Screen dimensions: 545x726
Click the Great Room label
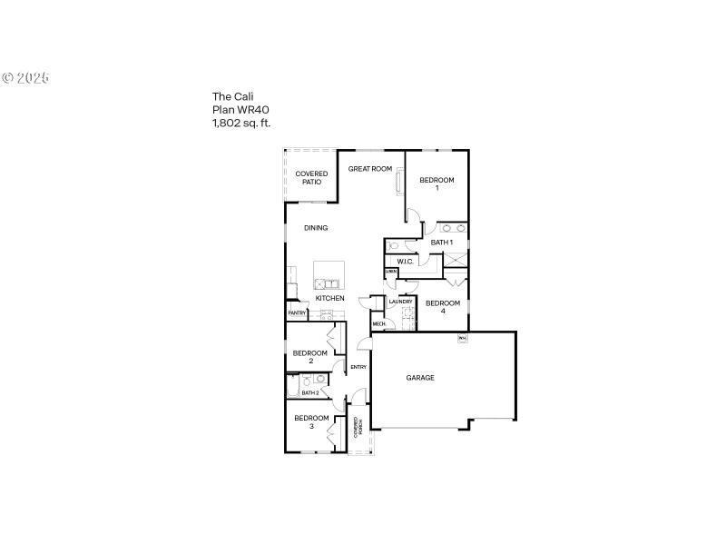coord(370,169)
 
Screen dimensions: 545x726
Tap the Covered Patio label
coord(311,178)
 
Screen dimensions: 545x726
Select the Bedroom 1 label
coord(437,183)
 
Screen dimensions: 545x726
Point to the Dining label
coord(316,228)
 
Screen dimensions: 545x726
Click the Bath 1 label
coord(441,243)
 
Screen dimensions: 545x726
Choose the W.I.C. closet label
coord(406,263)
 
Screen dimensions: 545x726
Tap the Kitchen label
coord(329,299)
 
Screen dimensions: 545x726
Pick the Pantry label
coord(297,313)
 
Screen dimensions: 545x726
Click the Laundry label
coord(401,302)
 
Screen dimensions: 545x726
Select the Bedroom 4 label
coord(443,307)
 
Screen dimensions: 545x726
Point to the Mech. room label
coord(378,323)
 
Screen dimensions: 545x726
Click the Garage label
coord(420,378)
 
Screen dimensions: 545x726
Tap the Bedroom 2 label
coord(310,357)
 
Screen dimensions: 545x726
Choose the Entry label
coord(358,367)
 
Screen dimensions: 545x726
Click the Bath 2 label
coord(310,393)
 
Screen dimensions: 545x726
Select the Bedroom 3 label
coord(311,421)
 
